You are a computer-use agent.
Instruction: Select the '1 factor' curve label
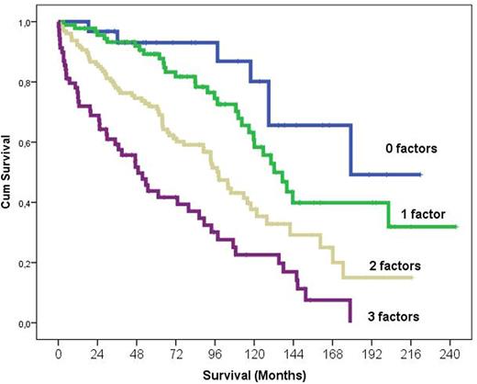click(x=424, y=213)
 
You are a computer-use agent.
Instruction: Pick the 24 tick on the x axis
click(x=91, y=352)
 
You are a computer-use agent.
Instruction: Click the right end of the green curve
click(x=456, y=226)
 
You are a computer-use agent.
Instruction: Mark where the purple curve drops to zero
click(x=350, y=321)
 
